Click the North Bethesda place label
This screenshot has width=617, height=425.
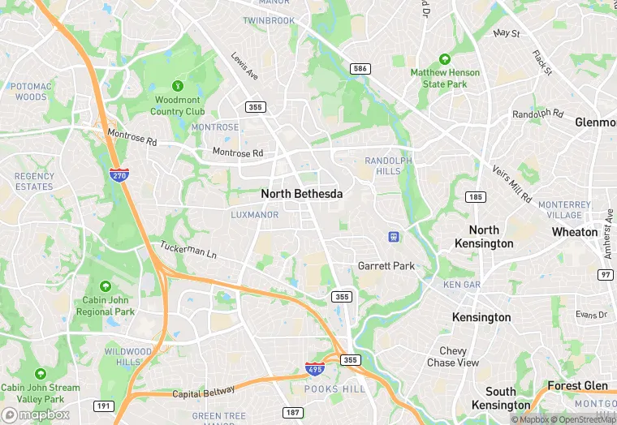pos(301,195)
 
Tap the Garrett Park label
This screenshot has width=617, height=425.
pos(386,266)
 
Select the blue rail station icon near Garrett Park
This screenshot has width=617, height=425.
pos(394,237)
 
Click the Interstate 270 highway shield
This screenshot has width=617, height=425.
pos(119,174)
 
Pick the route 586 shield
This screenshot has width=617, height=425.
pos(360,69)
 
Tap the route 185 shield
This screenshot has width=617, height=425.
pos(476,197)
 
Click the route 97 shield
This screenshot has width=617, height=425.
pos(605,275)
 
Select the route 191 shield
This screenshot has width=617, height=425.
pos(104,406)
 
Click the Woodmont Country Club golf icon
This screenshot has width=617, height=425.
pos(178,86)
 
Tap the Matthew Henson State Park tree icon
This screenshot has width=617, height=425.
pos(444,59)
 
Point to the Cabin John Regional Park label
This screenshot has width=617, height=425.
pos(105,305)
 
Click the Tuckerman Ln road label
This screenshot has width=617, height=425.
pos(188,252)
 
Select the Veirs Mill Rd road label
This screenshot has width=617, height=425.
pos(512,184)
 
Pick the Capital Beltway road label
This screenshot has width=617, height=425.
pos(203,393)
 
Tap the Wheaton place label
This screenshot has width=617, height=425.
pos(575,232)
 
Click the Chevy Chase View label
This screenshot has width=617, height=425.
pos(453,357)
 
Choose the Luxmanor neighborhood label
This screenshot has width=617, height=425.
pos(254,215)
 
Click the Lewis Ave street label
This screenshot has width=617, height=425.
pos(244,67)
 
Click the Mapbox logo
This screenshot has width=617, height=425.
pos(37,414)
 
